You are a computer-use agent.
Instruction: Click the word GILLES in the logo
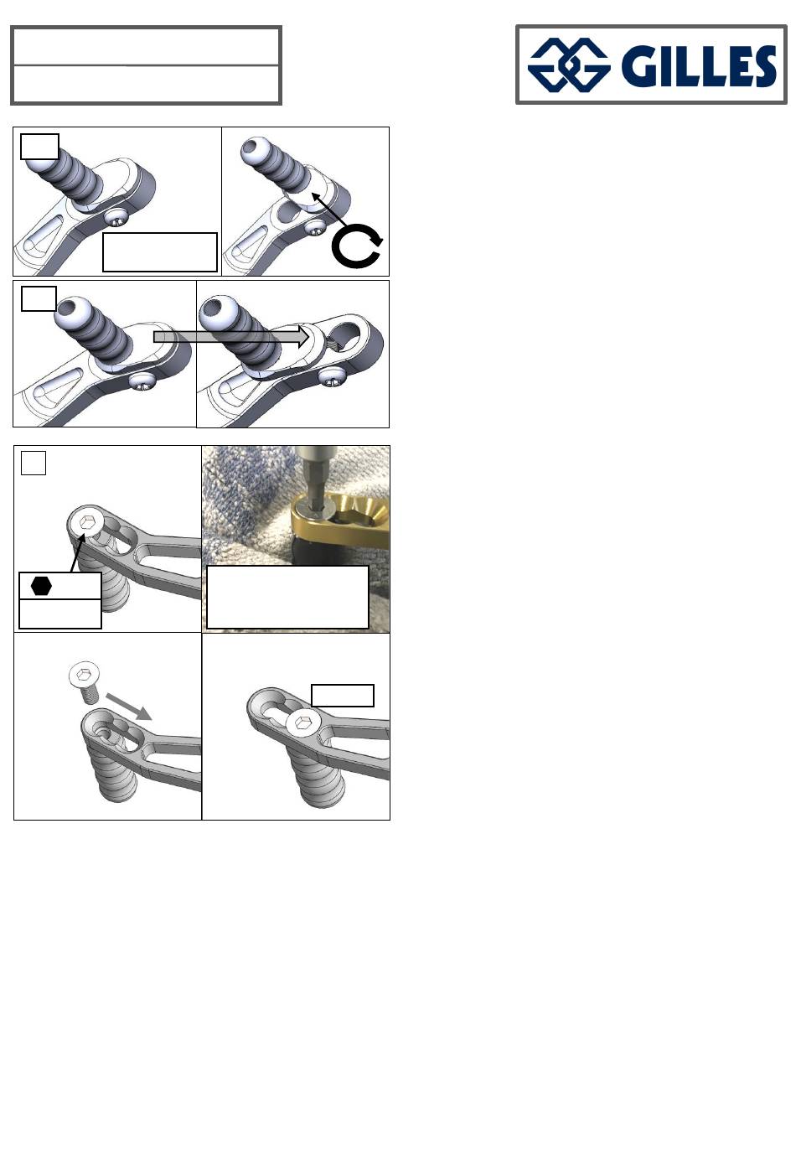[698, 65]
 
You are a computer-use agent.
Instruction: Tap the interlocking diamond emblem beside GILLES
[569, 65]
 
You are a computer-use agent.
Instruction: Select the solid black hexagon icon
[41, 586]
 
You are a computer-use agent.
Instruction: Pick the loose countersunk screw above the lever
[85, 682]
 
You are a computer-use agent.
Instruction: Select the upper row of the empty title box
[146, 46]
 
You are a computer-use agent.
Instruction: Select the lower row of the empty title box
[146, 84]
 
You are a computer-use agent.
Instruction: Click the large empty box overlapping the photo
[287, 597]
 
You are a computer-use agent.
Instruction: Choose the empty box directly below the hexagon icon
[59, 614]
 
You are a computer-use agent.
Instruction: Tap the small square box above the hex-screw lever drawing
[34, 463]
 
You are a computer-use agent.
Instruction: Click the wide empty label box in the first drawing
[160, 252]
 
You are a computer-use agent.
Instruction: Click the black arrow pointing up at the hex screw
[77, 552]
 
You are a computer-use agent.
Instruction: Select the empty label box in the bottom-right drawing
[343, 696]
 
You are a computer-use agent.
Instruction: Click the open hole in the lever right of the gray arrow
[343, 336]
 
